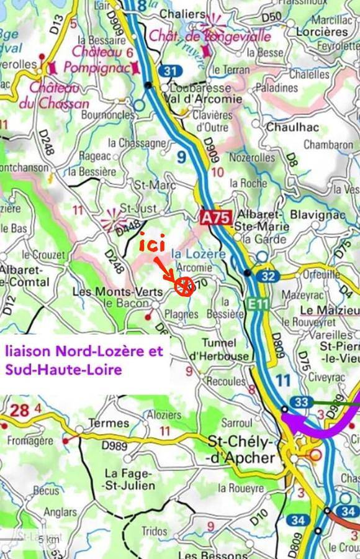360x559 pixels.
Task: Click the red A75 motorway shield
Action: tap(216, 218)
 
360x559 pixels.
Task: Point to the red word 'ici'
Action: tap(151, 245)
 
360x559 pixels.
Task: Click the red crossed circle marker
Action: tap(183, 287)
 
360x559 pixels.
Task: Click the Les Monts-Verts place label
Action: tap(118, 291)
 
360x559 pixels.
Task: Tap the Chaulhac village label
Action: tap(289, 127)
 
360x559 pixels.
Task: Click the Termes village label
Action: tap(109, 423)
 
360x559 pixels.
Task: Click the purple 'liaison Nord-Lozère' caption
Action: tap(84, 360)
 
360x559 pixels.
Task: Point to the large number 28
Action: tap(20, 411)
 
